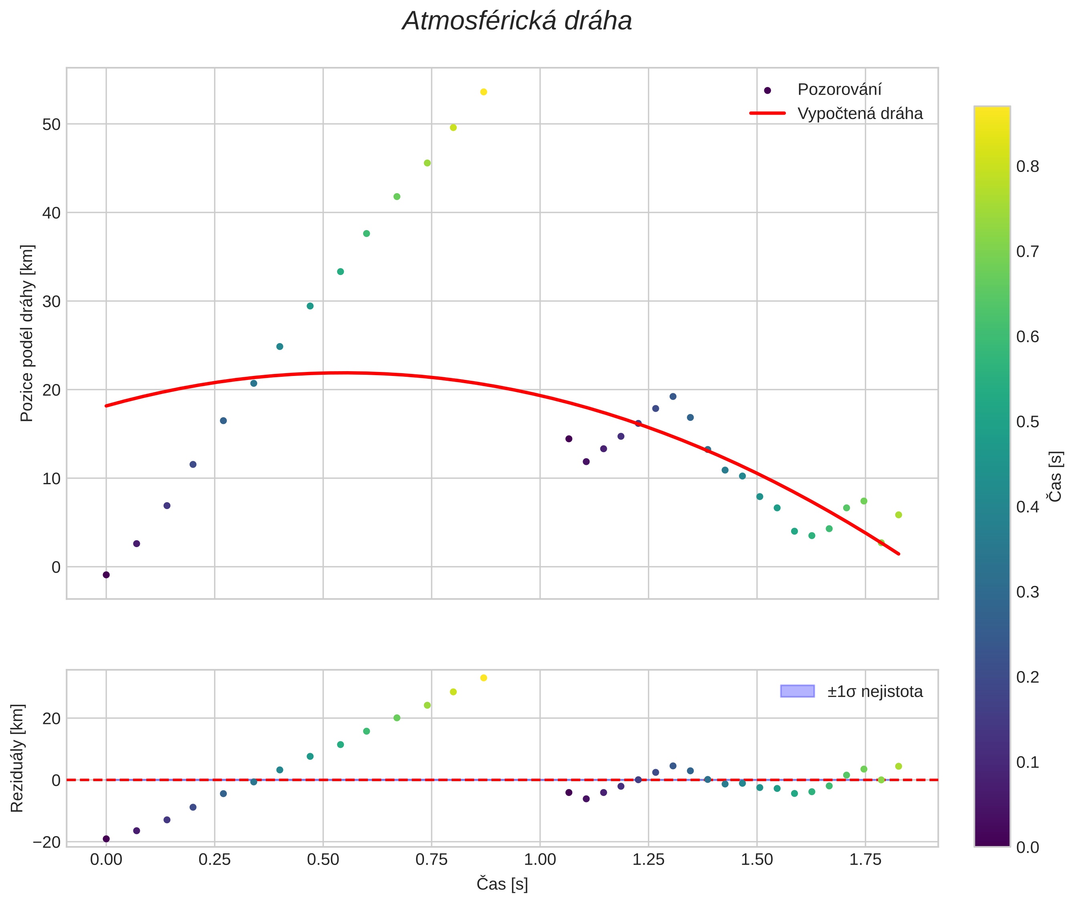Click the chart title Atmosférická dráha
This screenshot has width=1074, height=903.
pyautogui.click(x=517, y=22)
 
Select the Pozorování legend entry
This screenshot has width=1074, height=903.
pyautogui.click(x=839, y=90)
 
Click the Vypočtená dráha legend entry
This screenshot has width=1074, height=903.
pyautogui.click(x=860, y=114)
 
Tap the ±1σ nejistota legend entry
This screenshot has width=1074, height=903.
pyautogui.click(x=875, y=692)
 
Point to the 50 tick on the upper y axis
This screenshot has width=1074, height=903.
pyautogui.click(x=51, y=124)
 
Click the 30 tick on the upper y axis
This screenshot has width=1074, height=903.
pyautogui.click(x=51, y=301)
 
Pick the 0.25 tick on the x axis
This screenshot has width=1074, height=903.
pyautogui.click(x=214, y=859)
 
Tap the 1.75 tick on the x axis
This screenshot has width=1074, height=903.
pyautogui.click(x=865, y=859)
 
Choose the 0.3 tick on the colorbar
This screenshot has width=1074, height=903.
pyautogui.click(x=1028, y=592)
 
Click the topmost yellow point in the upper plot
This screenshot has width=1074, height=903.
pyautogui.click(x=483, y=92)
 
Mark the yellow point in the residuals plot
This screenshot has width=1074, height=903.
pyautogui.click(x=483, y=678)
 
